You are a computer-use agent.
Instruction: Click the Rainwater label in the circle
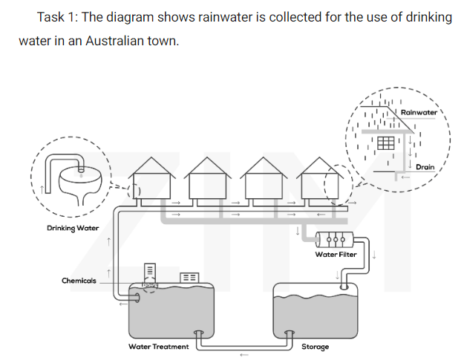tap(419, 111)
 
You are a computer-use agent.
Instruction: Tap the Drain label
tap(425, 167)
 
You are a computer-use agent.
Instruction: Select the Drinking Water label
tap(68, 227)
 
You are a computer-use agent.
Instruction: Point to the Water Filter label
tap(336, 255)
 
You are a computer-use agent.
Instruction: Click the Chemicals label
tap(79, 281)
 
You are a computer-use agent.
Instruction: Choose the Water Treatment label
tap(158, 347)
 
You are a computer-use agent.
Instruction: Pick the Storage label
tap(315, 347)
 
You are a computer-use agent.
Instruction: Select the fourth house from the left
tap(321, 182)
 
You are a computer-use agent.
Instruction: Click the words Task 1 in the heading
tap(57, 17)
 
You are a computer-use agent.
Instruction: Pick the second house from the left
tap(209, 182)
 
